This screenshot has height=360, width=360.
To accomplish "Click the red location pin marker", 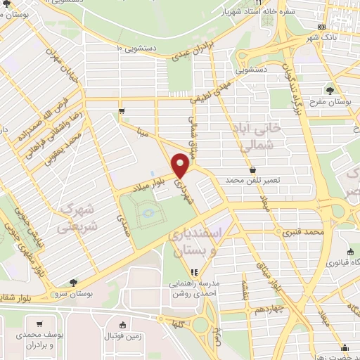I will (x=181, y=166).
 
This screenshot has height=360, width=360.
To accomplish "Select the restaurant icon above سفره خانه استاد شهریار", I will (x=258, y=2).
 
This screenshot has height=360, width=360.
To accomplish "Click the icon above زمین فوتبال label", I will (x=123, y=325).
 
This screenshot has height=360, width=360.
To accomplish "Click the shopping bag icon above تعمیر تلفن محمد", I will (x=252, y=169).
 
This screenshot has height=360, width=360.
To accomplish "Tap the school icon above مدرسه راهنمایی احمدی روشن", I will (x=195, y=273).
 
